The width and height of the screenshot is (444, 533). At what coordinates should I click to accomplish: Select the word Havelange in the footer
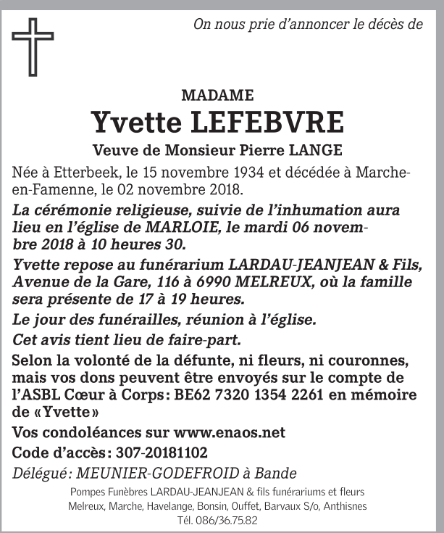pyautogui.click(x=169, y=506)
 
